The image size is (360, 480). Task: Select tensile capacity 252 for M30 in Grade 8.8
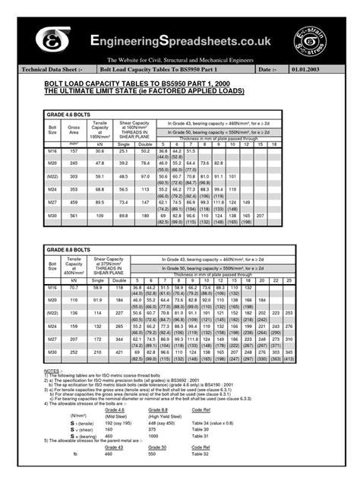tap(74, 352)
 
